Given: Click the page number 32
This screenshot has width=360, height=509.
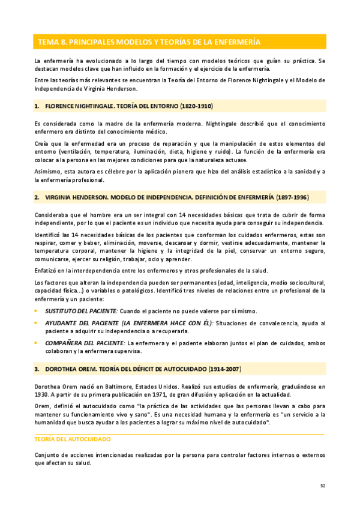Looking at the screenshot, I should click(323, 486).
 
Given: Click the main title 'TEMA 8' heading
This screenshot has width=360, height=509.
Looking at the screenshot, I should click(149, 42).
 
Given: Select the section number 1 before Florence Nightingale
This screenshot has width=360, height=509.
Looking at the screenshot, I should click(37, 106).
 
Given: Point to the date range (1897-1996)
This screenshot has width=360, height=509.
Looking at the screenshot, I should click(292, 197).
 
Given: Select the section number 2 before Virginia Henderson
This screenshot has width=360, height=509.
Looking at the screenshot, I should click(37, 197).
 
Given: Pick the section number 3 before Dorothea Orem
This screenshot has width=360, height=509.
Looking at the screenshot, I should click(37, 368).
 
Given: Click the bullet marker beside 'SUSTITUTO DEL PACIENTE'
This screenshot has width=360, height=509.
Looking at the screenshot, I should click(36, 311).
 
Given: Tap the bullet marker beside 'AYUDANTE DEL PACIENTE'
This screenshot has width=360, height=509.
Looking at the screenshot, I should click(36, 323).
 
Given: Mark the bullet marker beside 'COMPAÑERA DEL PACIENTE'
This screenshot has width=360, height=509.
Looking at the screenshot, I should click(36, 343).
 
